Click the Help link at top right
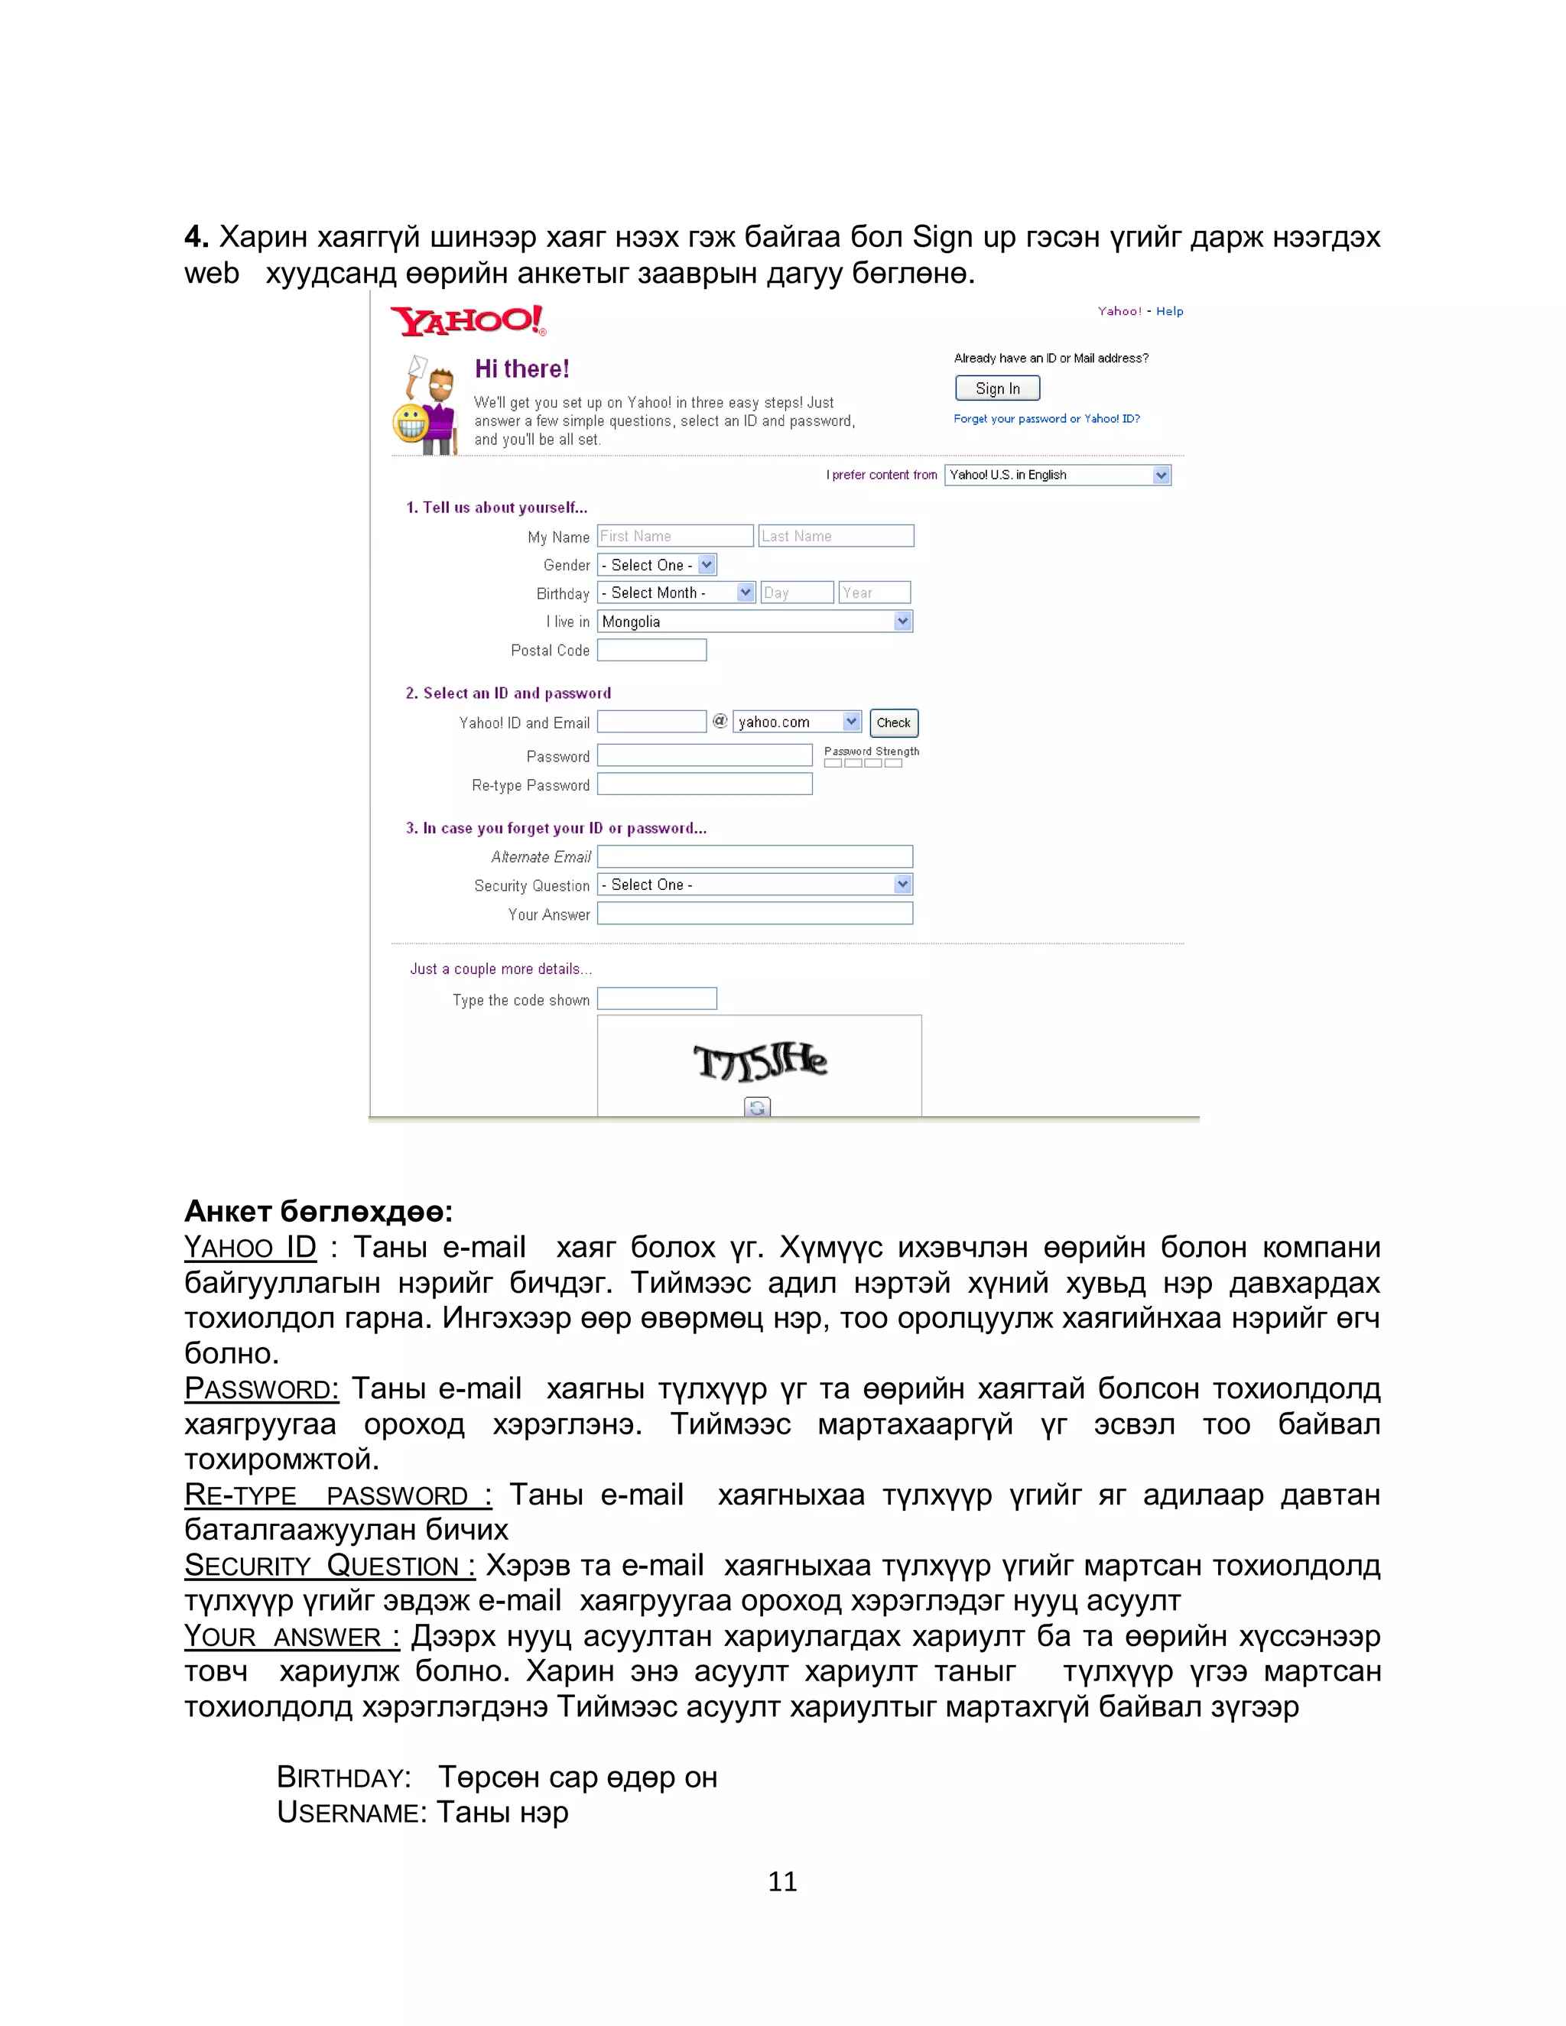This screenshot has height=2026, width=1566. pos(1169,312)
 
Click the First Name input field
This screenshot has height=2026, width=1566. pos(674,536)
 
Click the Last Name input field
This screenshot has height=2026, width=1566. pos(836,536)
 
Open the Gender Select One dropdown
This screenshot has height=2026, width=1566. pos(657,565)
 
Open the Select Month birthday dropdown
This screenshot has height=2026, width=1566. pos(675,593)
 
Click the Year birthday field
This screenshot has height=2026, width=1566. pos(874,593)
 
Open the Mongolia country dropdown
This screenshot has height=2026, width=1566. pos(754,622)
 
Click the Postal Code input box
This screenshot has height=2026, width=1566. pos(651,651)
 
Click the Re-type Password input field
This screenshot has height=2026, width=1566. pos(704,785)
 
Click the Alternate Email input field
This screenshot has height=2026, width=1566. pos(754,856)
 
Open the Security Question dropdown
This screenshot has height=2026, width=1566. pos(754,885)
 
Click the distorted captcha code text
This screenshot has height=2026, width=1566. pos(760,1062)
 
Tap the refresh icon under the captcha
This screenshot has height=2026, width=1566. pos(757,1107)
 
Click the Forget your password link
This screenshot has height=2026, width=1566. pos(1045,419)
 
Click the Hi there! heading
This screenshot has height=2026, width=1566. pos(521,369)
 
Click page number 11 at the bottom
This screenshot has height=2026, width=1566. pos(782,1882)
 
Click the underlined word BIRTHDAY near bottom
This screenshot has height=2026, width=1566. pos(343,1778)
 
